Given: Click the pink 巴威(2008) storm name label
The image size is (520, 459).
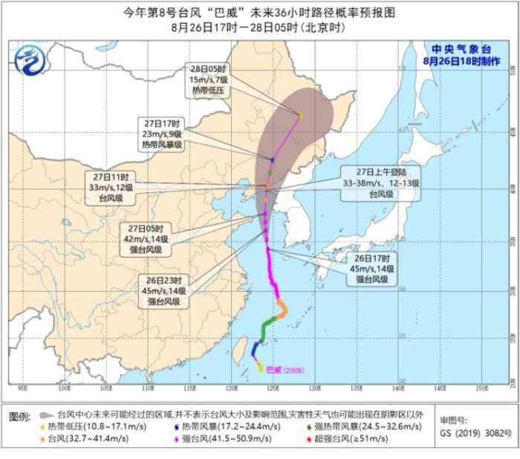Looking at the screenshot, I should pyautogui.click(x=285, y=369).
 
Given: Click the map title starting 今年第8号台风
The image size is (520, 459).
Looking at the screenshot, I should pyautogui.click(x=261, y=13).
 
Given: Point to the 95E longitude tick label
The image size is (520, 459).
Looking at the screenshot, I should pyautogui.click(x=22, y=388).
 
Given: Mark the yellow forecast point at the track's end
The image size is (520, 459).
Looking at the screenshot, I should pyautogui.click(x=301, y=115).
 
